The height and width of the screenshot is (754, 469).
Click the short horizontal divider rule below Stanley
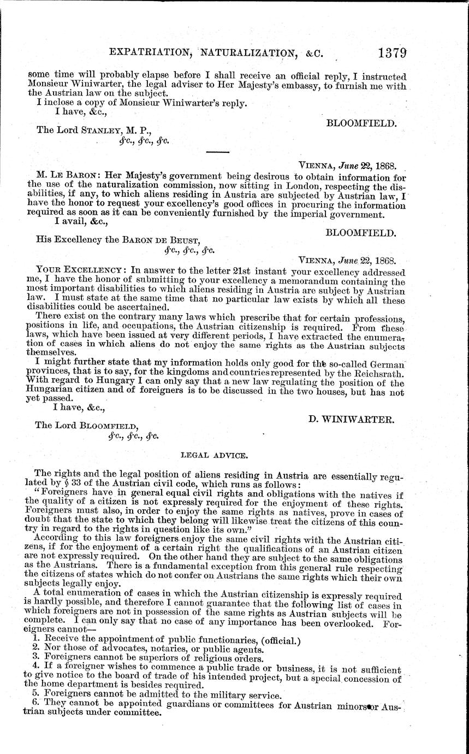[219, 151]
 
